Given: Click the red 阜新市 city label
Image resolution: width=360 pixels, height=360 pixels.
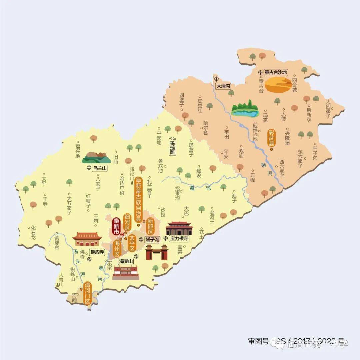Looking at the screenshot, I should coord(116,226).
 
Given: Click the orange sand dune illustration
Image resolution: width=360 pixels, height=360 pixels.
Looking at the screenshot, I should coord(278,85).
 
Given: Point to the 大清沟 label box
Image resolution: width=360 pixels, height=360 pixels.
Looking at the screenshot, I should coord(223,86).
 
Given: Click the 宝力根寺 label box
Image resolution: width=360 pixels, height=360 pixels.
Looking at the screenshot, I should coord(179,238).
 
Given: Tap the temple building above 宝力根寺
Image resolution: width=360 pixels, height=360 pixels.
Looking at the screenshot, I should coord(179,228).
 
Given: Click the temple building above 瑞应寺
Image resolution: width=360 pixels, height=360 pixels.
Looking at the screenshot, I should coord(87,239).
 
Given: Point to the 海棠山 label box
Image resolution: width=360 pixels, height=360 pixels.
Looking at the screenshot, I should coord(126,261).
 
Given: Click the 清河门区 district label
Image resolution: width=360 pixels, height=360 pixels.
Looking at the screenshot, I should coord(88,293).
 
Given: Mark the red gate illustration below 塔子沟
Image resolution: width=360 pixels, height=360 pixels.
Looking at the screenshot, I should coord(156,252).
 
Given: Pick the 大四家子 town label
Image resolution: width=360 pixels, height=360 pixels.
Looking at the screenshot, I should coord(328,110).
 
